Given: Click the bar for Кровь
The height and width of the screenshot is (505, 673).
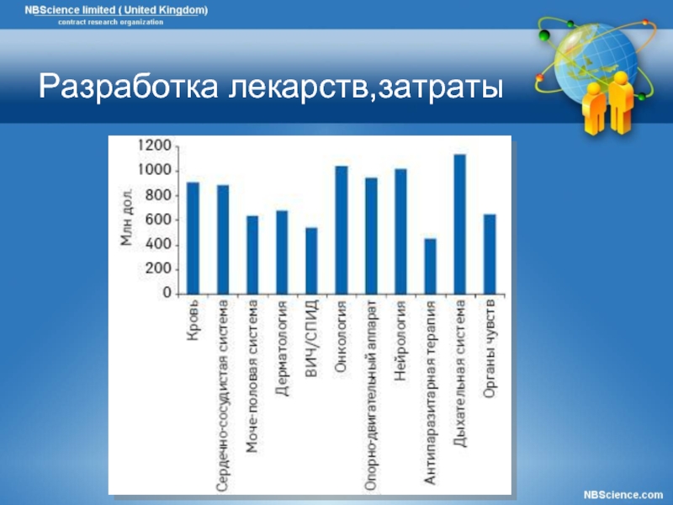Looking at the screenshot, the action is click(x=193, y=238).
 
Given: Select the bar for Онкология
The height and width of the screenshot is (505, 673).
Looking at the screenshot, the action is click(x=342, y=230).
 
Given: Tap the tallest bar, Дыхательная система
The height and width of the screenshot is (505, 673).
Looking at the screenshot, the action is click(x=460, y=224).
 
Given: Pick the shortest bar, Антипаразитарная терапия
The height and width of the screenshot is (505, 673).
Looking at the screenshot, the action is click(x=431, y=266).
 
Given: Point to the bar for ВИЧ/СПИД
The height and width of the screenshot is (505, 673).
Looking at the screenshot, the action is click(x=311, y=261).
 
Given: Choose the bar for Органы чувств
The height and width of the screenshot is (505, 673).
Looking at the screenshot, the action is click(x=490, y=254).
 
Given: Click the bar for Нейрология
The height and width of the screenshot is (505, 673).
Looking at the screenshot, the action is click(x=401, y=232).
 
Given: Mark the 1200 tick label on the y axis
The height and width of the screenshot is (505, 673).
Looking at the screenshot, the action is click(x=155, y=146).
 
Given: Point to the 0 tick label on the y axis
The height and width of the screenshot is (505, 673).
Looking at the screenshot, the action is click(x=167, y=293).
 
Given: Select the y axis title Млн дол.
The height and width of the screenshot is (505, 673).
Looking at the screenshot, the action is click(x=127, y=217).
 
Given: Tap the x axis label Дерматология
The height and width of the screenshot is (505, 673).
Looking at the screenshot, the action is click(x=282, y=348).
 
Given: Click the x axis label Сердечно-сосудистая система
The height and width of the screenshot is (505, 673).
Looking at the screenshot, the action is click(x=223, y=396).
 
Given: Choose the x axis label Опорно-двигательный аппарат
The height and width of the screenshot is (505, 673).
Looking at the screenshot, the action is click(x=371, y=396).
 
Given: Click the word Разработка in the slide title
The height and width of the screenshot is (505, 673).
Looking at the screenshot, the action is click(x=129, y=87).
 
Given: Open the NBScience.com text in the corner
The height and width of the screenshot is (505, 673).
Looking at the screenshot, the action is click(x=623, y=495).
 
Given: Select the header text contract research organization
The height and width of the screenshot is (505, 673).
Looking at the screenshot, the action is click(x=111, y=23).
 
